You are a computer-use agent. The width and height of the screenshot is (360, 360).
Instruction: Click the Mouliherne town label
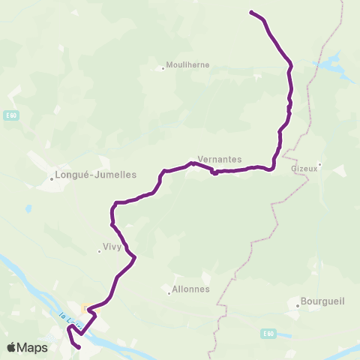coord(187,65)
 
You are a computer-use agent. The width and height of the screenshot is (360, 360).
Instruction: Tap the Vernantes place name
coord(219,160)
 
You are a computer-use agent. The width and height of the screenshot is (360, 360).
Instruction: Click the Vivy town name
coord(111,245)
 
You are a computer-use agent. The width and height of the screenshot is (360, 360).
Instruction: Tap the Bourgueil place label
coord(322,302)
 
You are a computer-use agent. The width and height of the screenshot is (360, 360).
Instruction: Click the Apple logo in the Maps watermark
coord(13,347)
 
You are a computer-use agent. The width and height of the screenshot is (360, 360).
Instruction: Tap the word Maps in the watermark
coord(33,347)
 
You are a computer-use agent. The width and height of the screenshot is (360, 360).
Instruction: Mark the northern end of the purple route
coord(250,12)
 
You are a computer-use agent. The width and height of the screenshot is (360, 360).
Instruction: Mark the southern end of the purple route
coord(79,347)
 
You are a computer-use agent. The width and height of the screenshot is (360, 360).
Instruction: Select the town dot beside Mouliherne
coord(163,69)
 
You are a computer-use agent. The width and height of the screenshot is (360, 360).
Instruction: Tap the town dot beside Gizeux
coord(319,164)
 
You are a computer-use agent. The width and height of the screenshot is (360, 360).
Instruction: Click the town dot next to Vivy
coord(99,251)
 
